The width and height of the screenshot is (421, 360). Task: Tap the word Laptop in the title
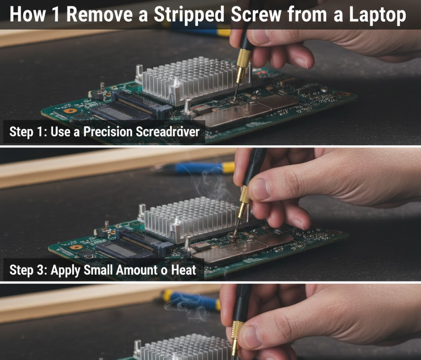tap(377, 15)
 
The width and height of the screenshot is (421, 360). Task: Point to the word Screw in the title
tap(256, 14)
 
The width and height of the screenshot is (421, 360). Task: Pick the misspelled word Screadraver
tap(168, 131)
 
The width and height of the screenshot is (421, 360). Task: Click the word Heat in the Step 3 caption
tap(184, 270)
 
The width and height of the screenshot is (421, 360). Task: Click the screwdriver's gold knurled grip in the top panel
tap(243, 57)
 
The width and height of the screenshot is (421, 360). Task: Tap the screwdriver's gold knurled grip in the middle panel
tap(245, 194)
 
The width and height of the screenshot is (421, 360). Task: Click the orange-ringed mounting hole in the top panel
tap(70, 111)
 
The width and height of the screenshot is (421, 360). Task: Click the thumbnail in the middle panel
tap(259, 189)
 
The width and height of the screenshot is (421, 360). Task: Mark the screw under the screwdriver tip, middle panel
tap(233, 236)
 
